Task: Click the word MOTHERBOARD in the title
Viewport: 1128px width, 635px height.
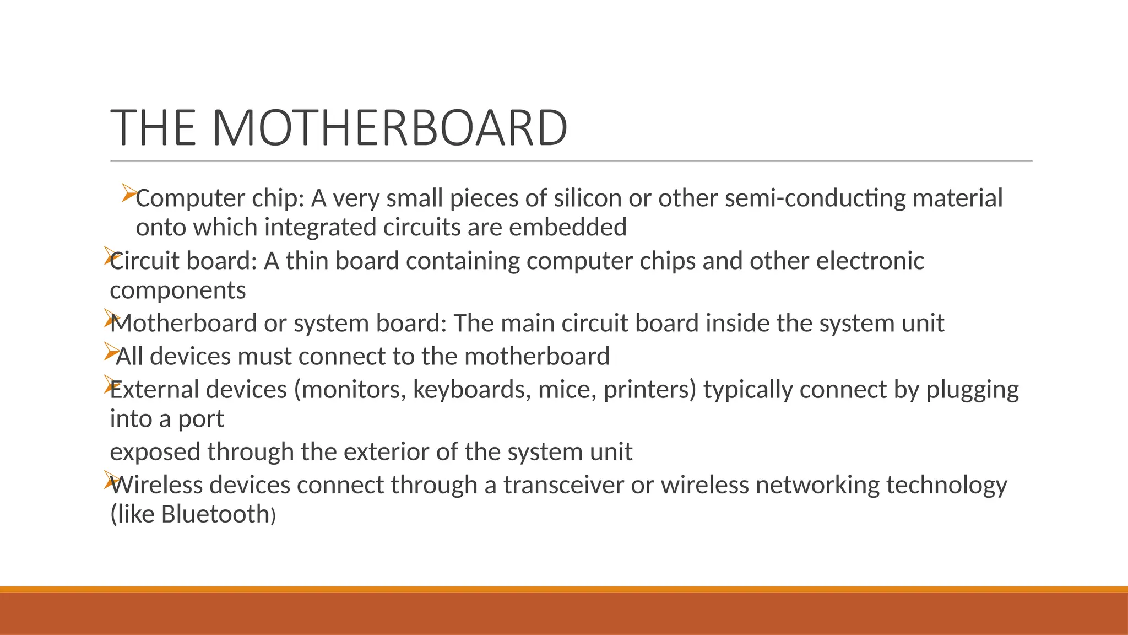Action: (389, 128)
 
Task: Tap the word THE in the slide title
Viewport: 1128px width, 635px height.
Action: (154, 128)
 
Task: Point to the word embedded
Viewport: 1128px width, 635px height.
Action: (568, 227)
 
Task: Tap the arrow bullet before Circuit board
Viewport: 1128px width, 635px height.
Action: (110, 257)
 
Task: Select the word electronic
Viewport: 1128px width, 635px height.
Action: (870, 261)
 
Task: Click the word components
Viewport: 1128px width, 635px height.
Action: (178, 290)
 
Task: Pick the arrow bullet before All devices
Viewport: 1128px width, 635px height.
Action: (111, 352)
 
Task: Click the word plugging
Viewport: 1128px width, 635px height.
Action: (972, 390)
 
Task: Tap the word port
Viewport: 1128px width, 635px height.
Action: (200, 419)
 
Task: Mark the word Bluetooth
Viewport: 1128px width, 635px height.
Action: (215, 514)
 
